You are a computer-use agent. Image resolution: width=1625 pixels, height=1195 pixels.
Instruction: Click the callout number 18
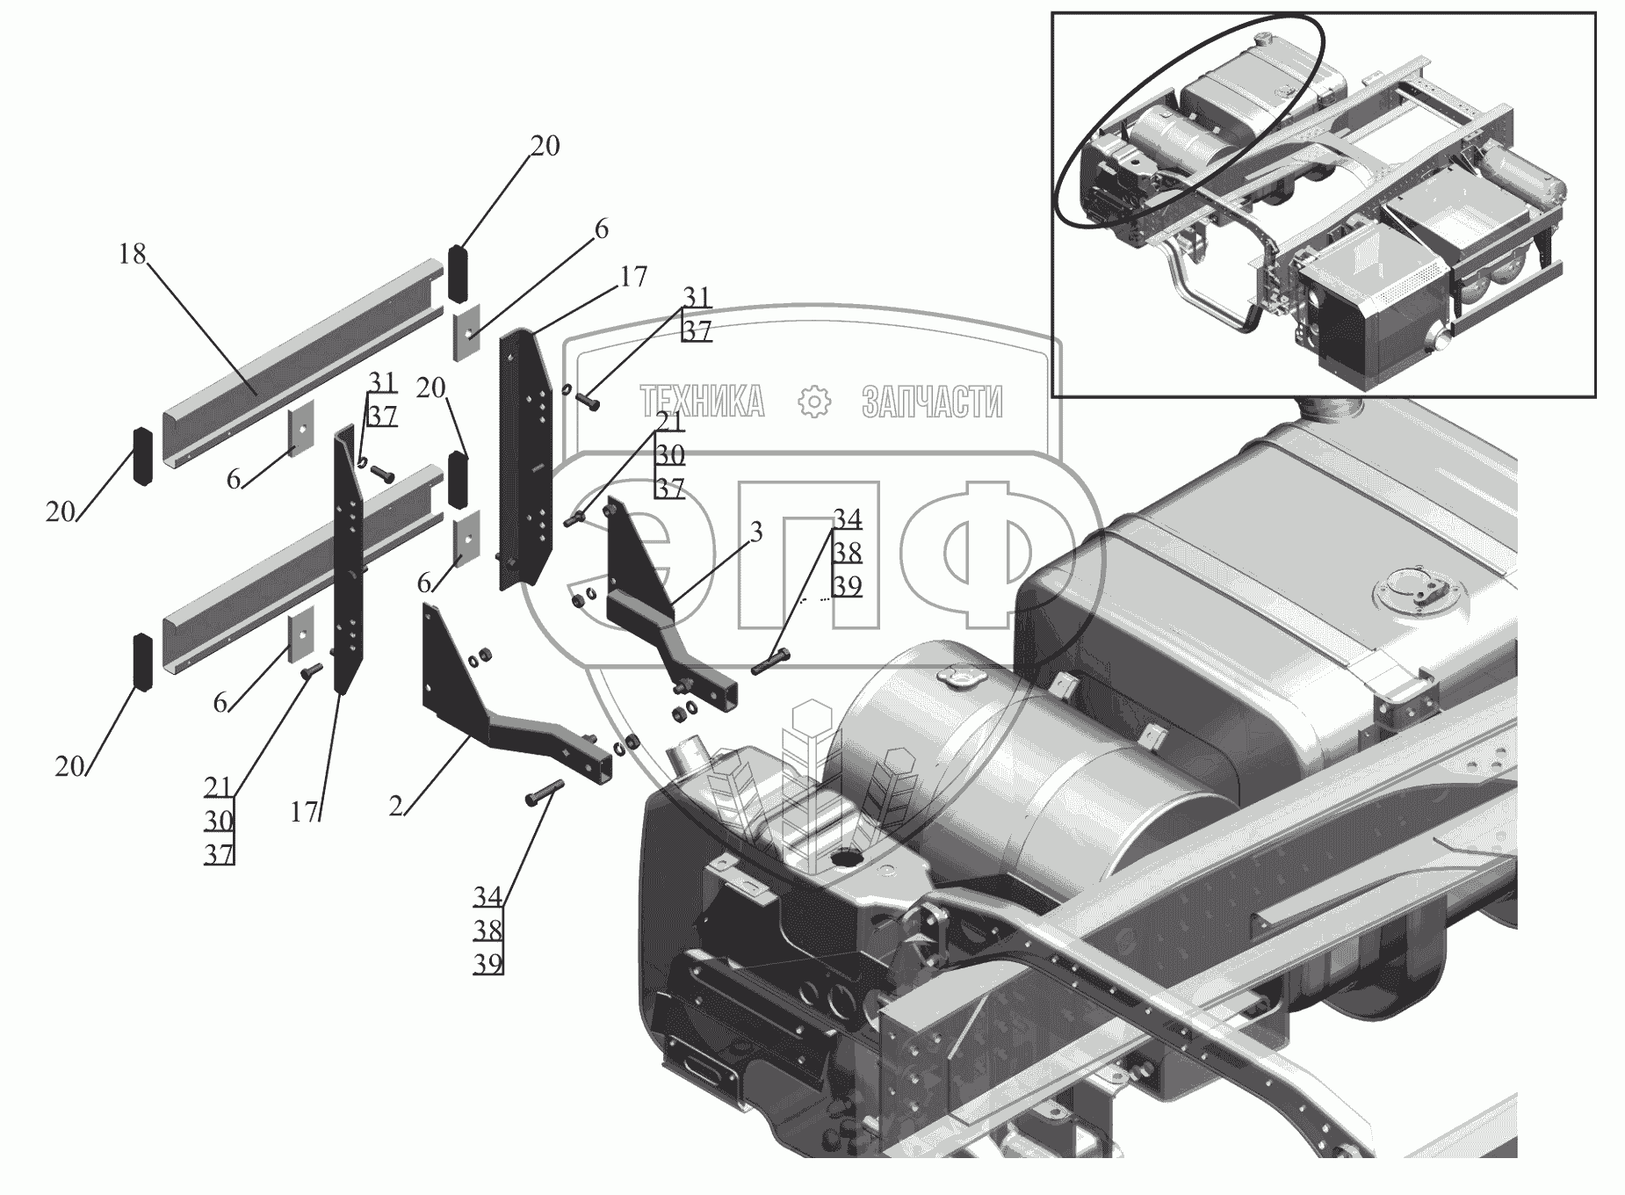pyautogui.click(x=133, y=255)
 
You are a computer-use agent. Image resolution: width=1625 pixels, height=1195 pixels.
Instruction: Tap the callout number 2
pyautogui.click(x=396, y=806)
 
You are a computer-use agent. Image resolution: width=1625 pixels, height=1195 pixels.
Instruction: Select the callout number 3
pyautogui.click(x=756, y=532)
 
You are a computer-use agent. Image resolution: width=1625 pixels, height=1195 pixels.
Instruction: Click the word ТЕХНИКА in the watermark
pyautogui.click(x=703, y=402)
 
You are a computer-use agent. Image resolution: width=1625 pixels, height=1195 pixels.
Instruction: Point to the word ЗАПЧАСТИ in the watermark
pyautogui.click(x=932, y=402)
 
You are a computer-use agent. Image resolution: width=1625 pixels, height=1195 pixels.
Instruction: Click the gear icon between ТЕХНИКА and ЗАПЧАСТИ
pyautogui.click(x=814, y=402)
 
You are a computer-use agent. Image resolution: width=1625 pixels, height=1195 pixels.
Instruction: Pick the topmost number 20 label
pyautogui.click(x=545, y=146)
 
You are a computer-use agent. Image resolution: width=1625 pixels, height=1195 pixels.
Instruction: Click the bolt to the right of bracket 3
pyautogui.click(x=772, y=661)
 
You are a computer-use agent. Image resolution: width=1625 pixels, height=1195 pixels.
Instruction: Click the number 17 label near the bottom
pyautogui.click(x=304, y=813)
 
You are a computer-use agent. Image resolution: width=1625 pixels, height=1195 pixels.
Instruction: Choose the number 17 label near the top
pyautogui.click(x=632, y=277)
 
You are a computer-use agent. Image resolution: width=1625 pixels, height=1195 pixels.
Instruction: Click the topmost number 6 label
pyautogui.click(x=601, y=229)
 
